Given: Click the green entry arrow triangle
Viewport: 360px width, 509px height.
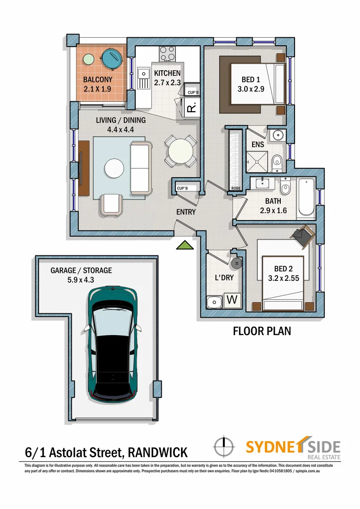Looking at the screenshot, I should pos(185,245).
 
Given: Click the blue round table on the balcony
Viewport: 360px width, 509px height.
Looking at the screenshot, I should pos(112,60).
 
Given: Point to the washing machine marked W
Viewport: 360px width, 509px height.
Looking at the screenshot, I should pos(232,300).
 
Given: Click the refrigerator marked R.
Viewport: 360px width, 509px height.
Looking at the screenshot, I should pos(191,109).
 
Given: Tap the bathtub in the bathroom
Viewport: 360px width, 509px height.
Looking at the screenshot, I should pos(306,198).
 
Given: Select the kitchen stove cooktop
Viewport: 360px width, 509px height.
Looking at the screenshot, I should pos(167,53).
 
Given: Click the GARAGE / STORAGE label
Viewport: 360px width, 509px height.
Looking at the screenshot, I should pos(81,271).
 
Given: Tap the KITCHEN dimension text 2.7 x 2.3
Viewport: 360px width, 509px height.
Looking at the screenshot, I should pos(167,82).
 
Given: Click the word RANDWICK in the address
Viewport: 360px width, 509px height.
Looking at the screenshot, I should pos(157,453).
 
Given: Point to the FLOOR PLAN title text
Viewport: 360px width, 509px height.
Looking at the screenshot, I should pos(262,331).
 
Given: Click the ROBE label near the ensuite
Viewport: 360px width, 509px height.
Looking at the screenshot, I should pos(236,189).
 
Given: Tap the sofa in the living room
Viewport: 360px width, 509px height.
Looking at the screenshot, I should pos(140,169).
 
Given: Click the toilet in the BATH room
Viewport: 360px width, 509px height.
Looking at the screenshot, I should pos(285,189).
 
